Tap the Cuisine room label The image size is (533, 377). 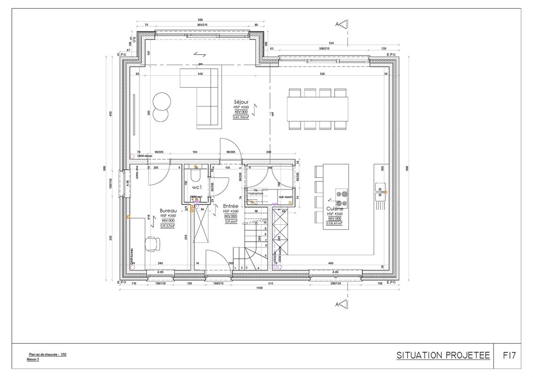click(335, 208)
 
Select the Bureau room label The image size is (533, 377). click(168, 210)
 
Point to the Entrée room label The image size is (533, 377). click(230, 206)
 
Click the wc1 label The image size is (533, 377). click(197, 187)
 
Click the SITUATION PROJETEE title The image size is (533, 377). click(443, 355)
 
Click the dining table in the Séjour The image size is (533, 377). click(318, 108)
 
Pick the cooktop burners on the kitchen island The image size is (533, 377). click(342, 197)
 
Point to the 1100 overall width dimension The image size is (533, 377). click(258, 288)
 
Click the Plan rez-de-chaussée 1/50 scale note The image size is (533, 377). click(46, 354)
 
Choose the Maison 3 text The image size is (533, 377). click(33, 359)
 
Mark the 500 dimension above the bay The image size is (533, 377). click(200, 20)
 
